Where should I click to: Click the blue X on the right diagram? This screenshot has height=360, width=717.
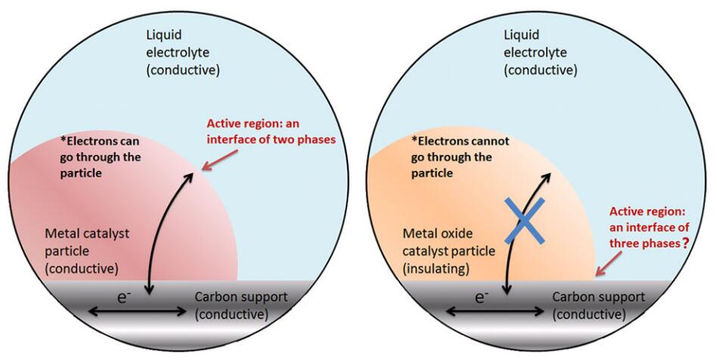point(524,221)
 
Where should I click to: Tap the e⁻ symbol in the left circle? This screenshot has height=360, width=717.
point(123,298)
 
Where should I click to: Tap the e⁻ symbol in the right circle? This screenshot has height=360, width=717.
point(481,298)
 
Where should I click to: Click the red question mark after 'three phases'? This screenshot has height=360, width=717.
point(685,243)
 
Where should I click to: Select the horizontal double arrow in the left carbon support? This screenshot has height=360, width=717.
point(137,312)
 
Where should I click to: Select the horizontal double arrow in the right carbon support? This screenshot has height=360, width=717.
point(495,312)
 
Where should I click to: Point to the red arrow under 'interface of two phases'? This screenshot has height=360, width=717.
point(220,160)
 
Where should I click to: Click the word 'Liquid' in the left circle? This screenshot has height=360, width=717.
point(163,36)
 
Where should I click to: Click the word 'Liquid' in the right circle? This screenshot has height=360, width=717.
point(521,36)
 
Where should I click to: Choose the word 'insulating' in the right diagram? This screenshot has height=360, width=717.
point(436,268)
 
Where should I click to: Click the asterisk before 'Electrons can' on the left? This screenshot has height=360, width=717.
point(63,139)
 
